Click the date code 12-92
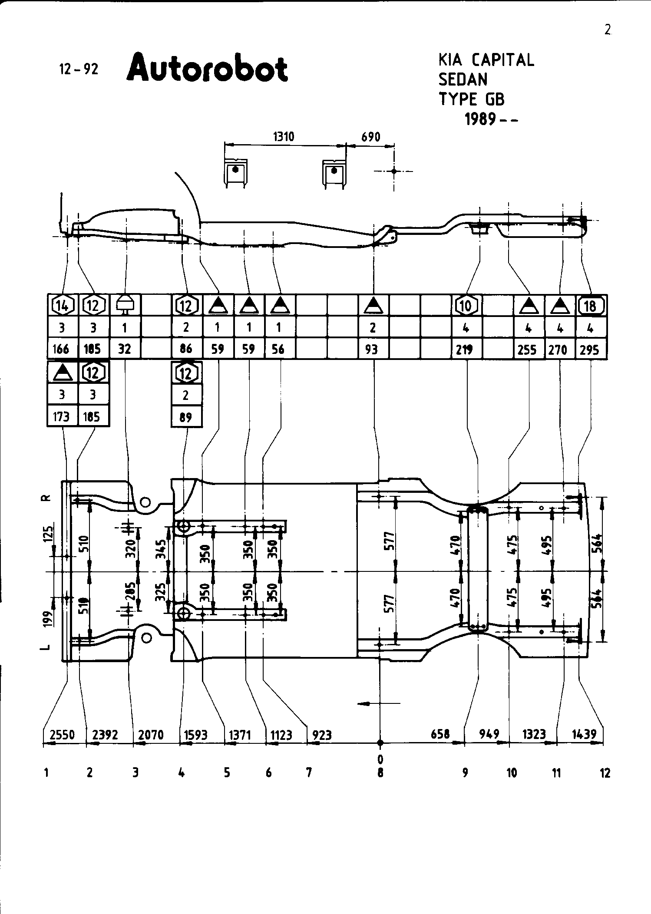pyautogui.click(x=79, y=69)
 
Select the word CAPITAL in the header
pyautogui.click(x=503, y=60)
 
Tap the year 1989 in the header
pyautogui.click(x=480, y=119)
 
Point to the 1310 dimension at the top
pyautogui.click(x=283, y=137)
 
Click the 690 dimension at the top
pyautogui.click(x=370, y=137)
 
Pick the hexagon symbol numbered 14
pyautogui.click(x=62, y=306)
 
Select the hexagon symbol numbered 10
pyautogui.click(x=466, y=306)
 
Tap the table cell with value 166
pyautogui.click(x=61, y=349)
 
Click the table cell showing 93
pyautogui.click(x=372, y=349)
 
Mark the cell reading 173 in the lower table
pyautogui.click(x=61, y=417)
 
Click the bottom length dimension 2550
pyautogui.click(x=63, y=735)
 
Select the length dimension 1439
pyautogui.click(x=584, y=734)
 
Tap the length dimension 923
pyautogui.click(x=322, y=735)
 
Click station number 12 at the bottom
pyautogui.click(x=605, y=773)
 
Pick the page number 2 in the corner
pyautogui.click(x=607, y=30)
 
